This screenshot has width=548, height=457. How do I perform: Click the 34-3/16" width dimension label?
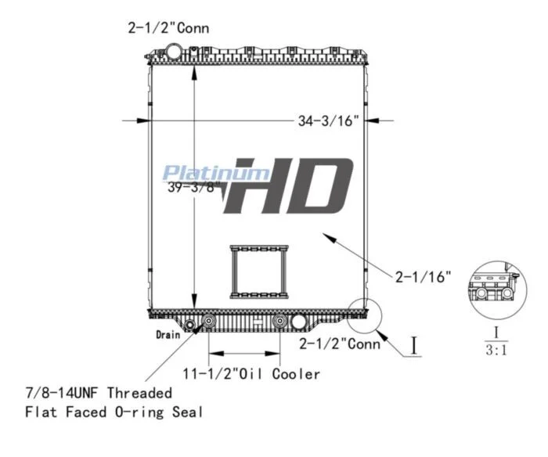click(328, 121)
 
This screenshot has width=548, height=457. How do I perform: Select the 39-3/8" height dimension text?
click(193, 187)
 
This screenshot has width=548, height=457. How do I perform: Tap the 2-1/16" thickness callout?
click(423, 277)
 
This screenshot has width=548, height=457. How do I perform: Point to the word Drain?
click(168, 335)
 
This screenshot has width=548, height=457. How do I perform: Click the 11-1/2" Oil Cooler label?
click(251, 374)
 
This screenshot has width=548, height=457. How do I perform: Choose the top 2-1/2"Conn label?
click(168, 28)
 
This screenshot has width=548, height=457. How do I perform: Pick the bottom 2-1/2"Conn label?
click(340, 344)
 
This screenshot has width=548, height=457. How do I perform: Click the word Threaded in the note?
click(139, 393)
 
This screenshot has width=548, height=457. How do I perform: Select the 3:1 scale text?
click(496, 350)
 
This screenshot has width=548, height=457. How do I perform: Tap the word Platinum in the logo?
click(216, 174)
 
